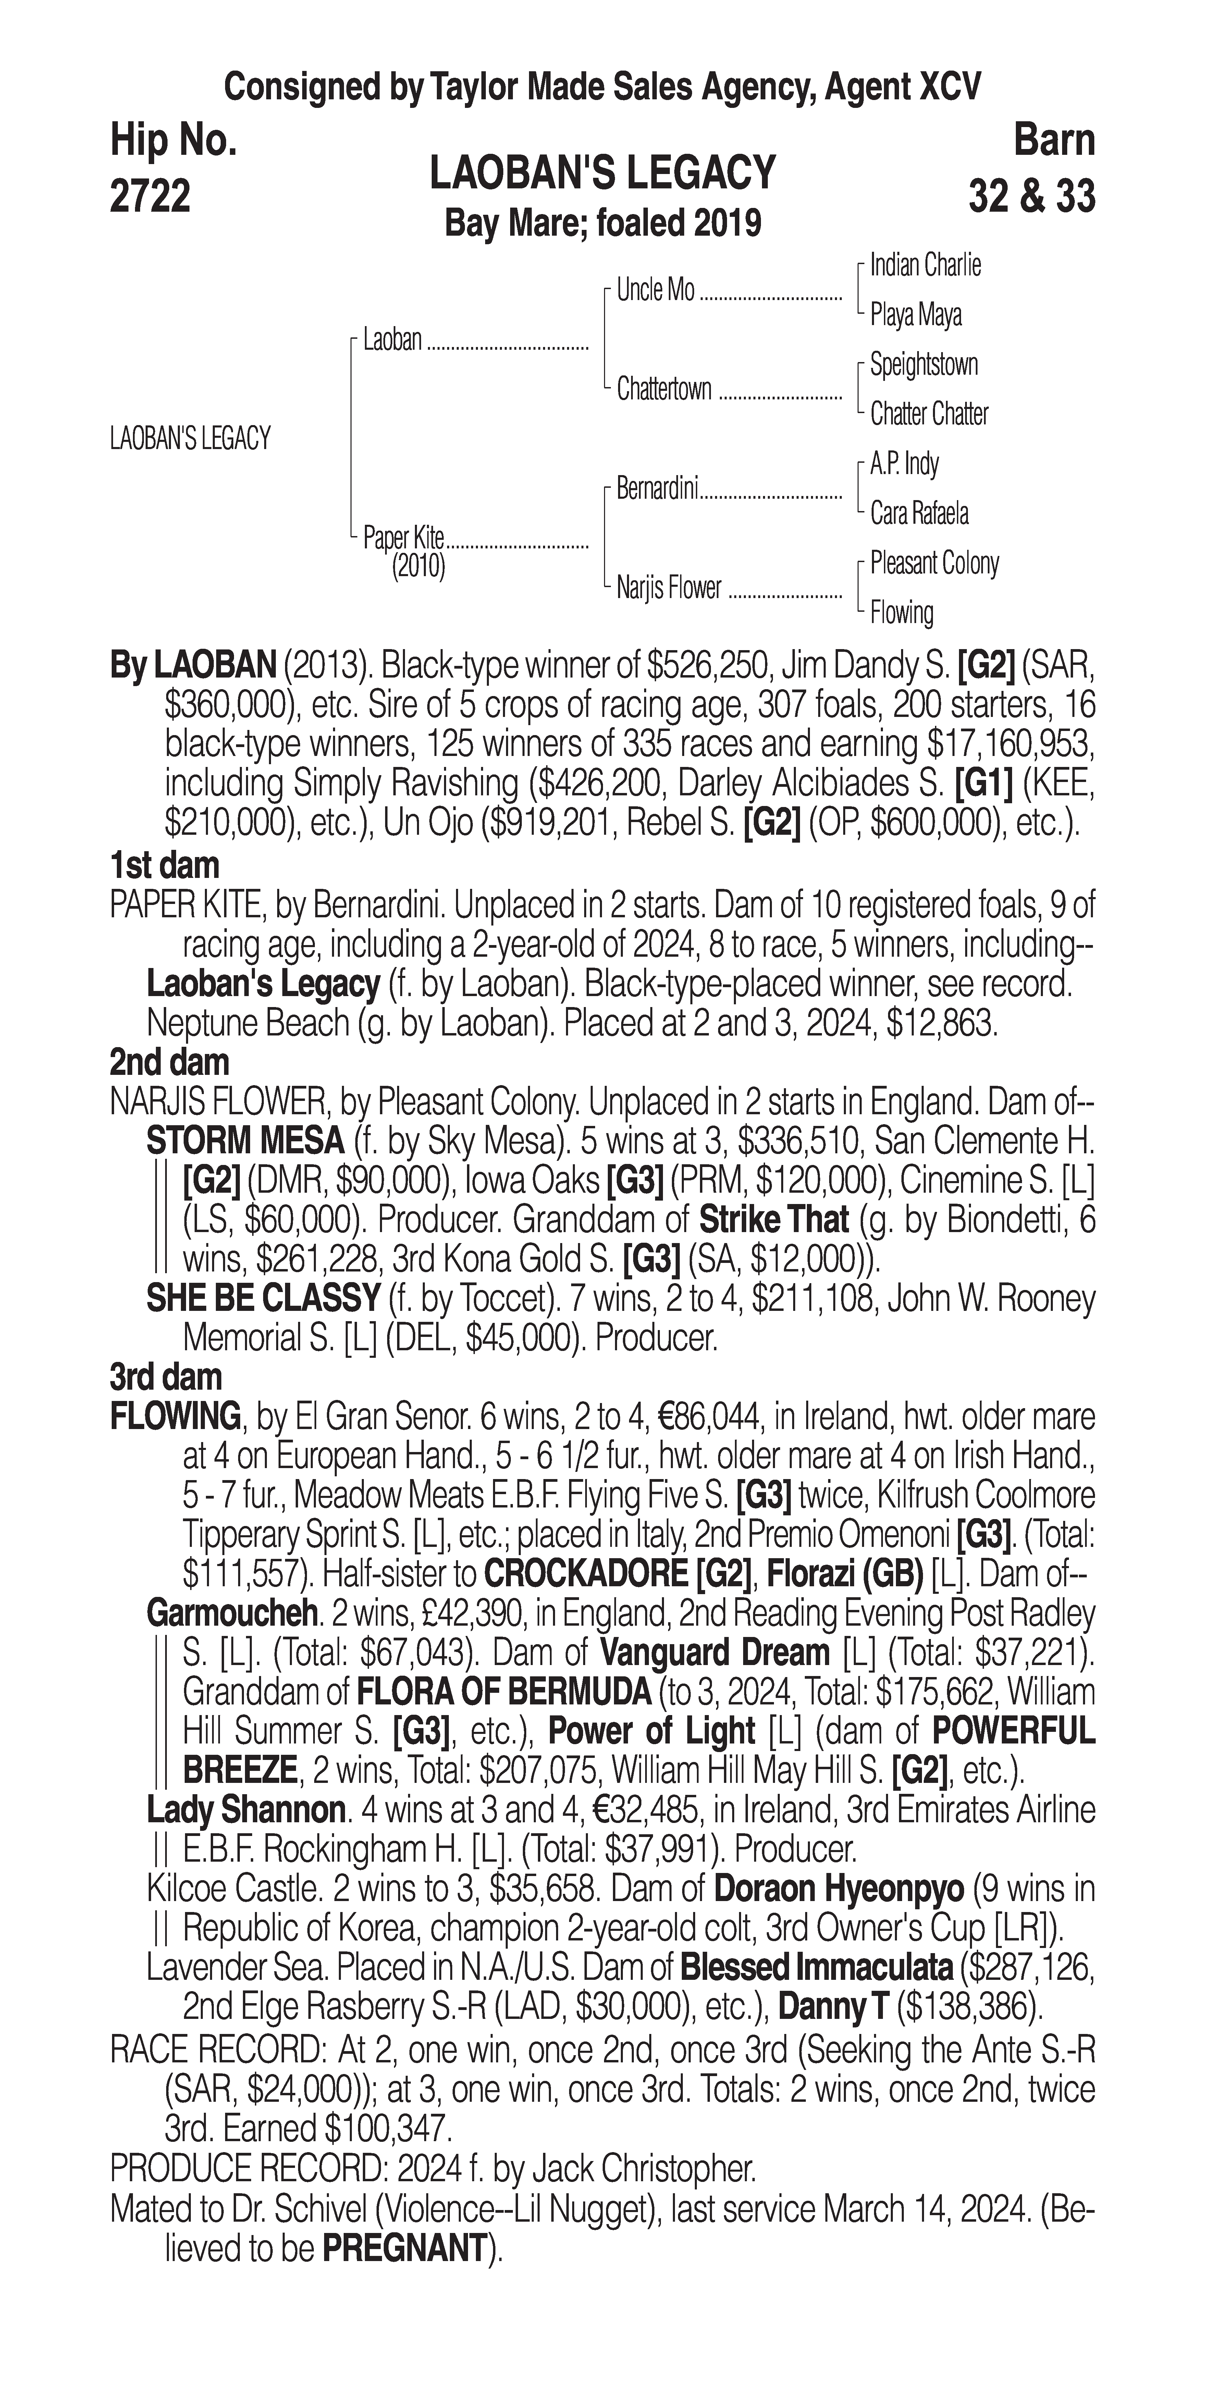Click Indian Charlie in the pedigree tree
pos(925,265)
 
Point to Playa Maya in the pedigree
pos(915,315)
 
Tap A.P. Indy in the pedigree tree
pos(904,464)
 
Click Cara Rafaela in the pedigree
pos(919,513)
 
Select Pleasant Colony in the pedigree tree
pos(934,563)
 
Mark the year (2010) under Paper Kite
pos(418,567)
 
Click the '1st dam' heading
pos(164,866)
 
